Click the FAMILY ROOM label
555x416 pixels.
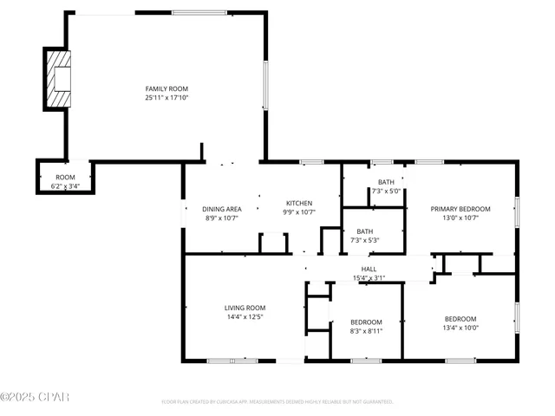coord(166,88)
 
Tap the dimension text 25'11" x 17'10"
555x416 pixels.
coord(166,98)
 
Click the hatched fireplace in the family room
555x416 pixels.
coord(59,78)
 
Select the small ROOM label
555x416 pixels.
coord(65,177)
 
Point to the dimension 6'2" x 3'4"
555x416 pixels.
coord(65,185)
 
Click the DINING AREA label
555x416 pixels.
coord(222,209)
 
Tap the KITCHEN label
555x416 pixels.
coord(299,203)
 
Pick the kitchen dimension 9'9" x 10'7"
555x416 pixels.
coord(299,211)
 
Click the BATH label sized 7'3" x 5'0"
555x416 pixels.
coord(386,183)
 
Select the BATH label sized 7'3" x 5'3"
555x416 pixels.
coord(365,231)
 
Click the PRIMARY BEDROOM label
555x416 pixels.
coord(460,209)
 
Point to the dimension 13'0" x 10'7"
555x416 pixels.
coord(460,218)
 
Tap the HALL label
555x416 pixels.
coord(369,270)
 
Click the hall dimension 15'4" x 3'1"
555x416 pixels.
coord(369,278)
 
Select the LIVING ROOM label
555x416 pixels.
coord(245,308)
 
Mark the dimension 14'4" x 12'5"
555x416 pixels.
coord(245,316)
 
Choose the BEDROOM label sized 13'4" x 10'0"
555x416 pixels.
coord(460,318)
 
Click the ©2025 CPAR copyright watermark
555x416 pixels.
coord(35,397)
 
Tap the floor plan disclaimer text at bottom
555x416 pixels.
coord(277,402)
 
